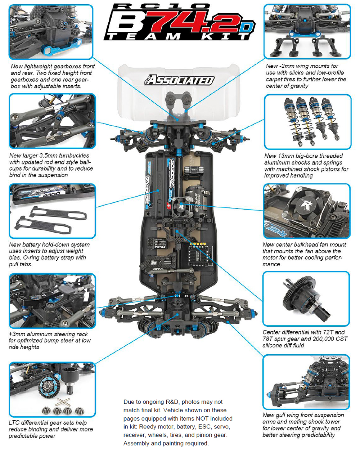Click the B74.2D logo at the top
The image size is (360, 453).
pos(179,22)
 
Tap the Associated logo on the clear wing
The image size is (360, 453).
pos(179,80)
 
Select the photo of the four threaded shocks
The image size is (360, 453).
pos(307,121)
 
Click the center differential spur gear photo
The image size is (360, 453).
pos(306,299)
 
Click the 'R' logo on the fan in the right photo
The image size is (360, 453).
pos(305,205)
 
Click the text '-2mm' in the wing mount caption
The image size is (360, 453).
pos(286,66)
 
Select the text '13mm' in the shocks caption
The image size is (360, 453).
pos(285,156)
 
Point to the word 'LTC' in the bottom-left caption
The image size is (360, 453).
pos(14,423)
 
